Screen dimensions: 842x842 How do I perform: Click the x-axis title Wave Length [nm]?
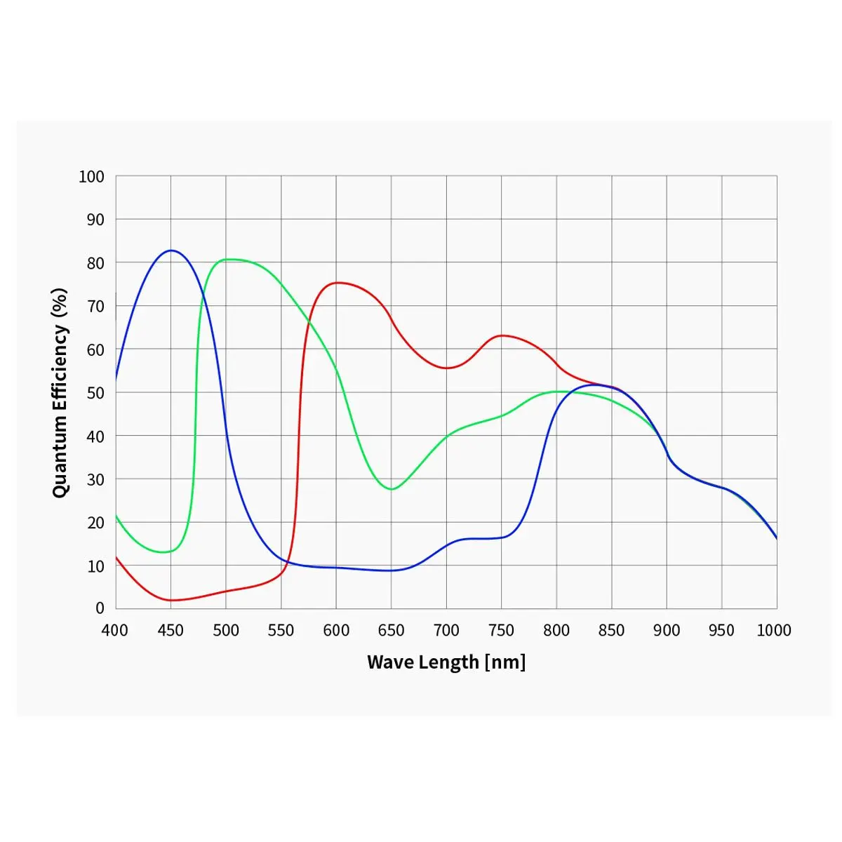pyautogui.click(x=446, y=662)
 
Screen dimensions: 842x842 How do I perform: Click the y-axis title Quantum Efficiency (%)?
pyautogui.click(x=60, y=392)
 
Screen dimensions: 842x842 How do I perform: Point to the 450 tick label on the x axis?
pyautogui.click(x=171, y=630)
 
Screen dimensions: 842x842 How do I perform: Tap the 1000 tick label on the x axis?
pyautogui.click(x=773, y=630)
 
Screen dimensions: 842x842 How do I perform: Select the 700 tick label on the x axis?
pyautogui.click(x=446, y=630)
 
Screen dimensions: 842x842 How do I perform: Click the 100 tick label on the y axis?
pyautogui.click(x=91, y=177)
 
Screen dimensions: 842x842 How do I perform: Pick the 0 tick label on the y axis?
pyautogui.click(x=100, y=608)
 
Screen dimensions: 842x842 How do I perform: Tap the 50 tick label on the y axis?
pyautogui.click(x=95, y=393)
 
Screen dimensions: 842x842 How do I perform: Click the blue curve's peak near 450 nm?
pyautogui.click(x=171, y=250)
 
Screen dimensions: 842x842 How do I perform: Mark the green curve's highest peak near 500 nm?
pyautogui.click(x=227, y=260)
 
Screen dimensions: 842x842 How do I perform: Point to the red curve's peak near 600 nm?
pyautogui.click(x=338, y=283)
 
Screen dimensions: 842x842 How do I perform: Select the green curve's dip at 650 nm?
pyautogui.click(x=391, y=489)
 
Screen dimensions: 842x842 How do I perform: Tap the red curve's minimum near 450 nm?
pyautogui.click(x=171, y=600)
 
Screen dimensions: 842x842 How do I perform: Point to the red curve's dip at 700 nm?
pyautogui.click(x=446, y=368)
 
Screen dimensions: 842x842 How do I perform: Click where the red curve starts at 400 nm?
pyautogui.click(x=116, y=557)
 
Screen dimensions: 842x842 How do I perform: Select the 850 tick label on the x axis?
pyautogui.click(x=611, y=630)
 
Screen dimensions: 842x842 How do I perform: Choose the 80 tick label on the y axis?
pyautogui.click(x=95, y=263)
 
